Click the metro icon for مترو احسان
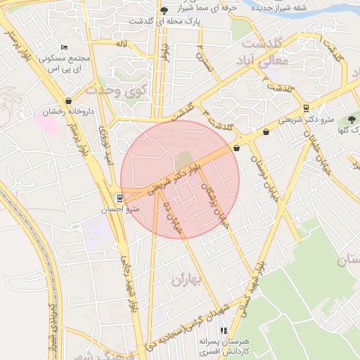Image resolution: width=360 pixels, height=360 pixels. coord(120,198)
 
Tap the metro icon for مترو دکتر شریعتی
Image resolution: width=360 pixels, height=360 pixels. coord(306,108)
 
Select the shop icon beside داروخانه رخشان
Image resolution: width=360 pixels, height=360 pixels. coord(68,101)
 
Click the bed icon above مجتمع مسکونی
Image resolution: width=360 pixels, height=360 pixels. coord(65,46)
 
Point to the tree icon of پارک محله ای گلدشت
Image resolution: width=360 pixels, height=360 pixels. coord(164,11)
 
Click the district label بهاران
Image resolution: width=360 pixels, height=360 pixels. coord(186,280)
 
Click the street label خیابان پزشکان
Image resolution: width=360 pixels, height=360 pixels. coord(215,205)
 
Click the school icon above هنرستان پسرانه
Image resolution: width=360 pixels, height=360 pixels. coord(224,330)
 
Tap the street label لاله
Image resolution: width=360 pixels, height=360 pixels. coord(122,44)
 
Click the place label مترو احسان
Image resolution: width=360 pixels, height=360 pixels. coord(128,210)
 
